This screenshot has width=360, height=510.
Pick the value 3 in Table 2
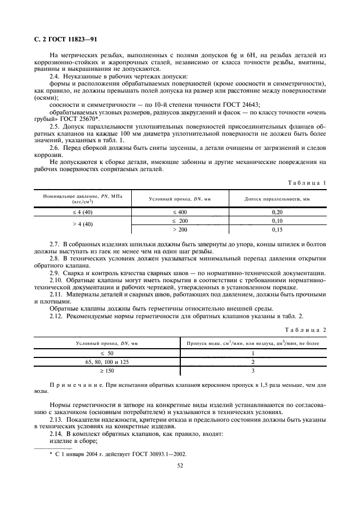(253, 371)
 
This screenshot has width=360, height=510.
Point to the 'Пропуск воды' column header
(253, 344)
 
